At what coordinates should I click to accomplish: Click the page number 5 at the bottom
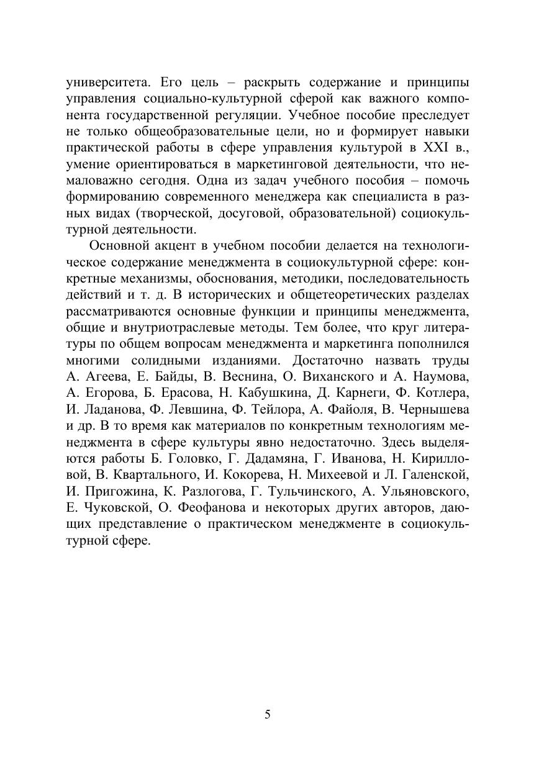tap(268, 714)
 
